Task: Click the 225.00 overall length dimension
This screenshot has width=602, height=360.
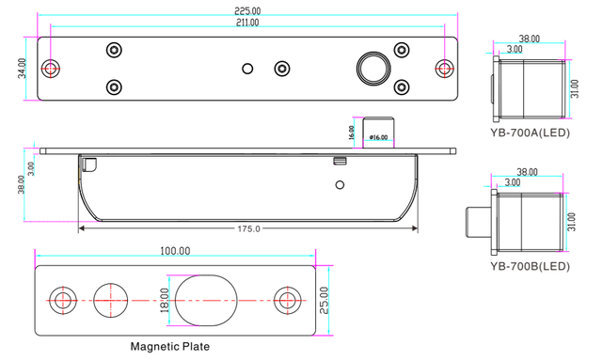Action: coord(247,10)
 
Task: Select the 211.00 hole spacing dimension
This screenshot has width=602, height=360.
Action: coord(247,23)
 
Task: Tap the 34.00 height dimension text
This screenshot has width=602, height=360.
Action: coord(23,69)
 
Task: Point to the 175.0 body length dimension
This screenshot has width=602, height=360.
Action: coord(248,229)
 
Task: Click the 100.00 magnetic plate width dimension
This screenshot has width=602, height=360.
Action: coord(175,251)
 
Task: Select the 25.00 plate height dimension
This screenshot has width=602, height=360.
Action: coord(324,301)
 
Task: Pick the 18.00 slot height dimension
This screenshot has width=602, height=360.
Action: coord(164,301)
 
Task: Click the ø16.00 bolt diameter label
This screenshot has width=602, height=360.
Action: coord(378,137)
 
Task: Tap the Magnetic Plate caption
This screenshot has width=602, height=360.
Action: coord(170,347)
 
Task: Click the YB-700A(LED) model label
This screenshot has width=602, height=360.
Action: coord(530,133)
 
